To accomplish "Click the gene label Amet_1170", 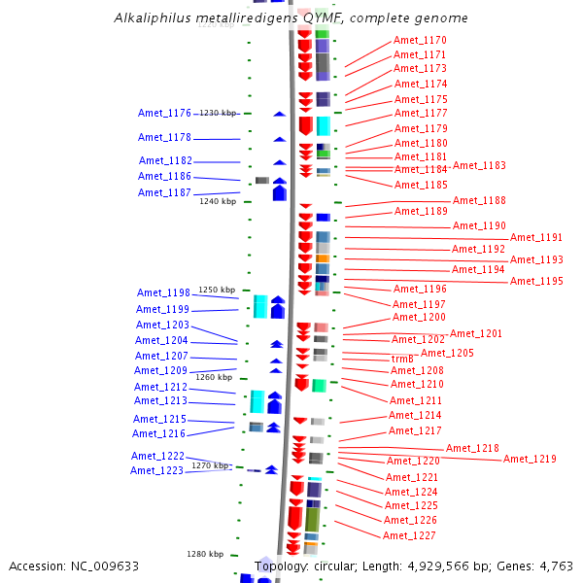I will [x=420, y=40].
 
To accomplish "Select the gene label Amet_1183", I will [x=479, y=165].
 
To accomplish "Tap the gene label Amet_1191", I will [x=536, y=237].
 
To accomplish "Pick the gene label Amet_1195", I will [x=536, y=281].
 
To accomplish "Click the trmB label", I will [x=402, y=359].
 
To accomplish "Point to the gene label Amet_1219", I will [x=530, y=459].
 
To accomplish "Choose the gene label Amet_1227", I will [x=409, y=535].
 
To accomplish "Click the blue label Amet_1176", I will [x=164, y=114].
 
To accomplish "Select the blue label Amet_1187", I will [x=164, y=192].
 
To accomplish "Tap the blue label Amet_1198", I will [x=163, y=292].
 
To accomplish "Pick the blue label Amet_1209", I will [x=160, y=370].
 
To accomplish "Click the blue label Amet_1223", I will [x=156, y=470].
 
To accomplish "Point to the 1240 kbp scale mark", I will [x=218, y=201].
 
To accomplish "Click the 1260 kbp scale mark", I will [x=214, y=377].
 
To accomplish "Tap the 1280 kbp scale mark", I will [x=205, y=554].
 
